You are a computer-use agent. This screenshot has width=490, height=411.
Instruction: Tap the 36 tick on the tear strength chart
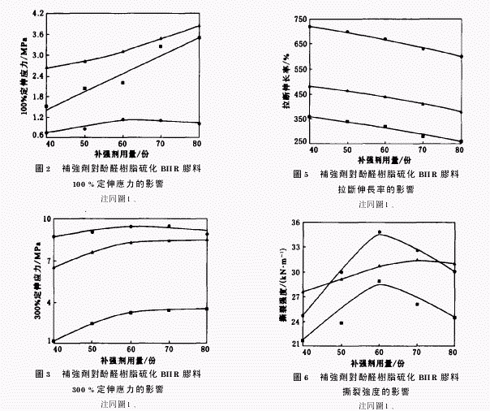click(294, 222)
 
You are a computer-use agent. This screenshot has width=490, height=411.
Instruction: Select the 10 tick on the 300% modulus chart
click(46, 219)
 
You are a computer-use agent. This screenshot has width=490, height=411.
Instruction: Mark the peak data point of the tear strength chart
click(379, 232)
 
